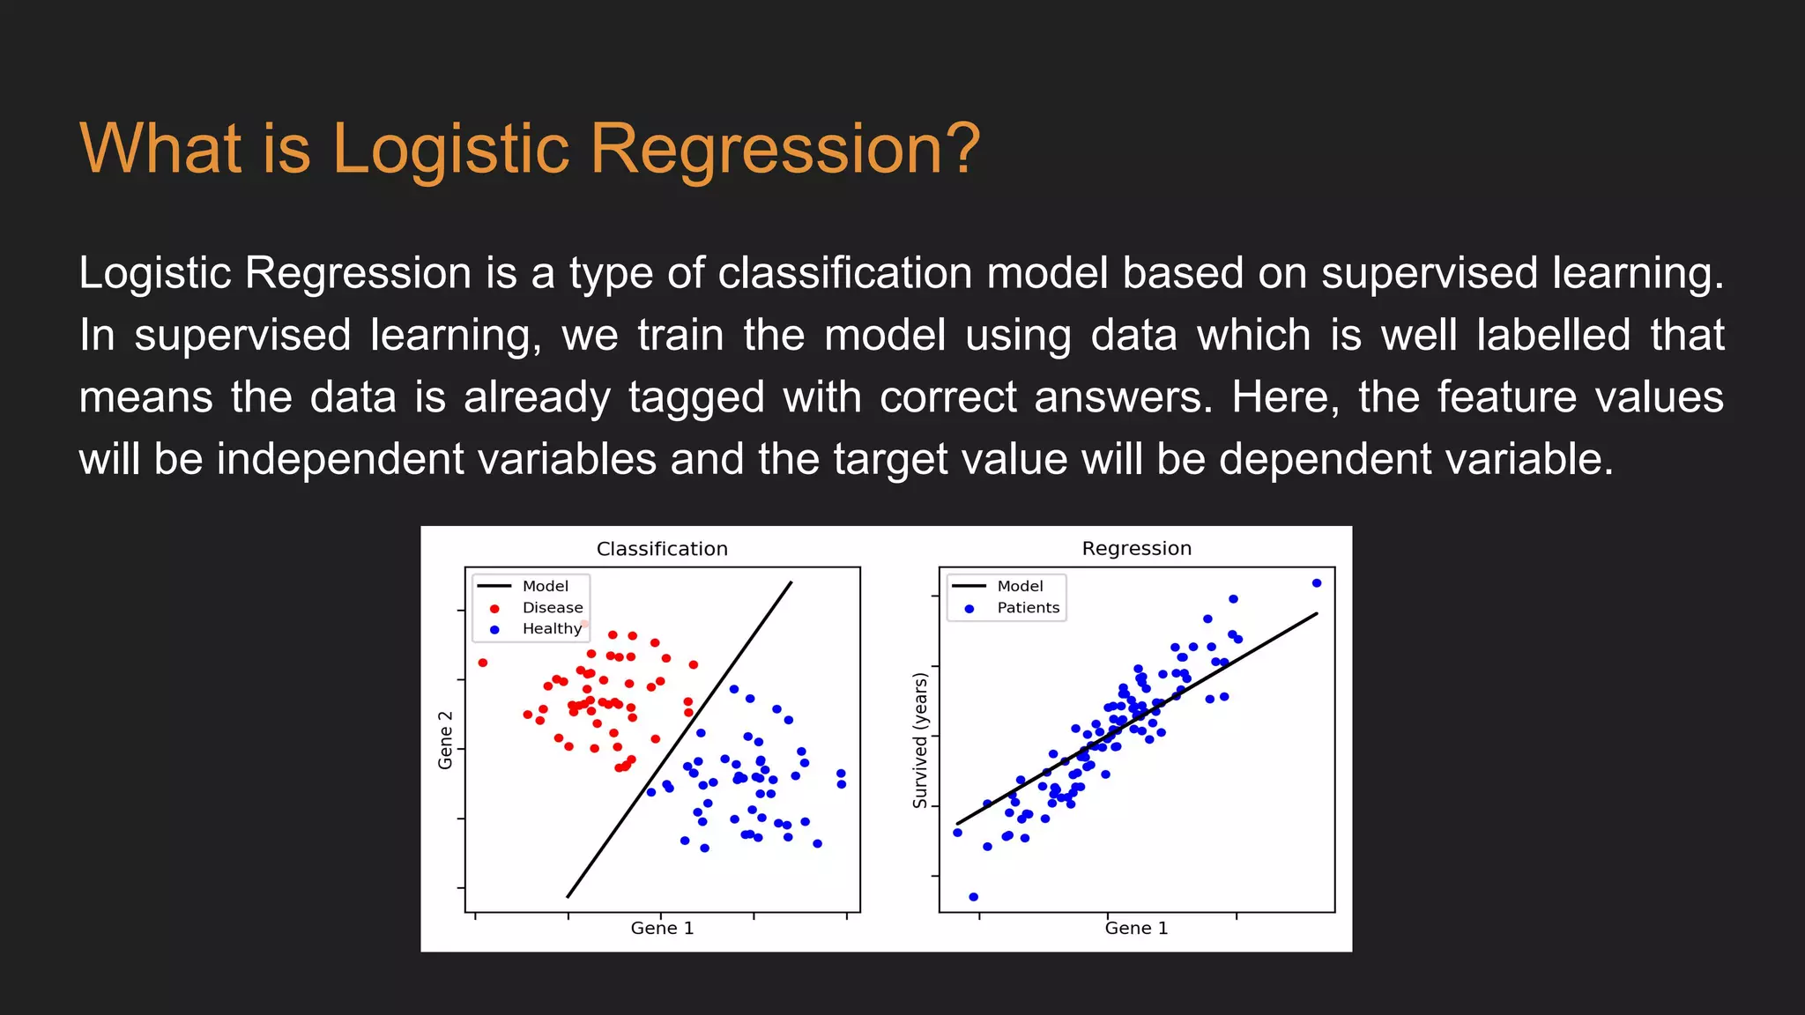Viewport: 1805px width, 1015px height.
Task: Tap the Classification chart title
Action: coord(662,549)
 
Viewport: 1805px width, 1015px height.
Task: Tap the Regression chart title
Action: coord(1136,548)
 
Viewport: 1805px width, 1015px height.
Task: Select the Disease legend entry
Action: coord(552,608)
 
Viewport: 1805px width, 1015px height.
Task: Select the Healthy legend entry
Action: coord(552,629)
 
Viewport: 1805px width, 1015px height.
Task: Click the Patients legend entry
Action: coord(1028,608)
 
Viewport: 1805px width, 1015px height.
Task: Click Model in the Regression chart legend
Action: coord(1020,587)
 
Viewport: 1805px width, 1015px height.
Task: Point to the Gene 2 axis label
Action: coord(446,740)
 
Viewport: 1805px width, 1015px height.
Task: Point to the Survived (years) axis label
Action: coord(920,740)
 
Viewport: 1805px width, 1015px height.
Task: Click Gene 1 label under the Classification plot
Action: coord(662,929)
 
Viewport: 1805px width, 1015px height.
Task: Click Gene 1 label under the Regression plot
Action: coord(1136,929)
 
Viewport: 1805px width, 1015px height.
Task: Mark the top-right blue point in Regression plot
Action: coord(1317,583)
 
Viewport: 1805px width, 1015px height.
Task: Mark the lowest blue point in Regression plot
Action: coord(973,897)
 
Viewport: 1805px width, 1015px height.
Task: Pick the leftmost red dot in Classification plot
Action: coord(482,663)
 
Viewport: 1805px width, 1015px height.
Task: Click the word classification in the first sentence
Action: coord(844,273)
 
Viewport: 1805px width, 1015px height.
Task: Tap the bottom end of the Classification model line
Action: coord(568,896)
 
